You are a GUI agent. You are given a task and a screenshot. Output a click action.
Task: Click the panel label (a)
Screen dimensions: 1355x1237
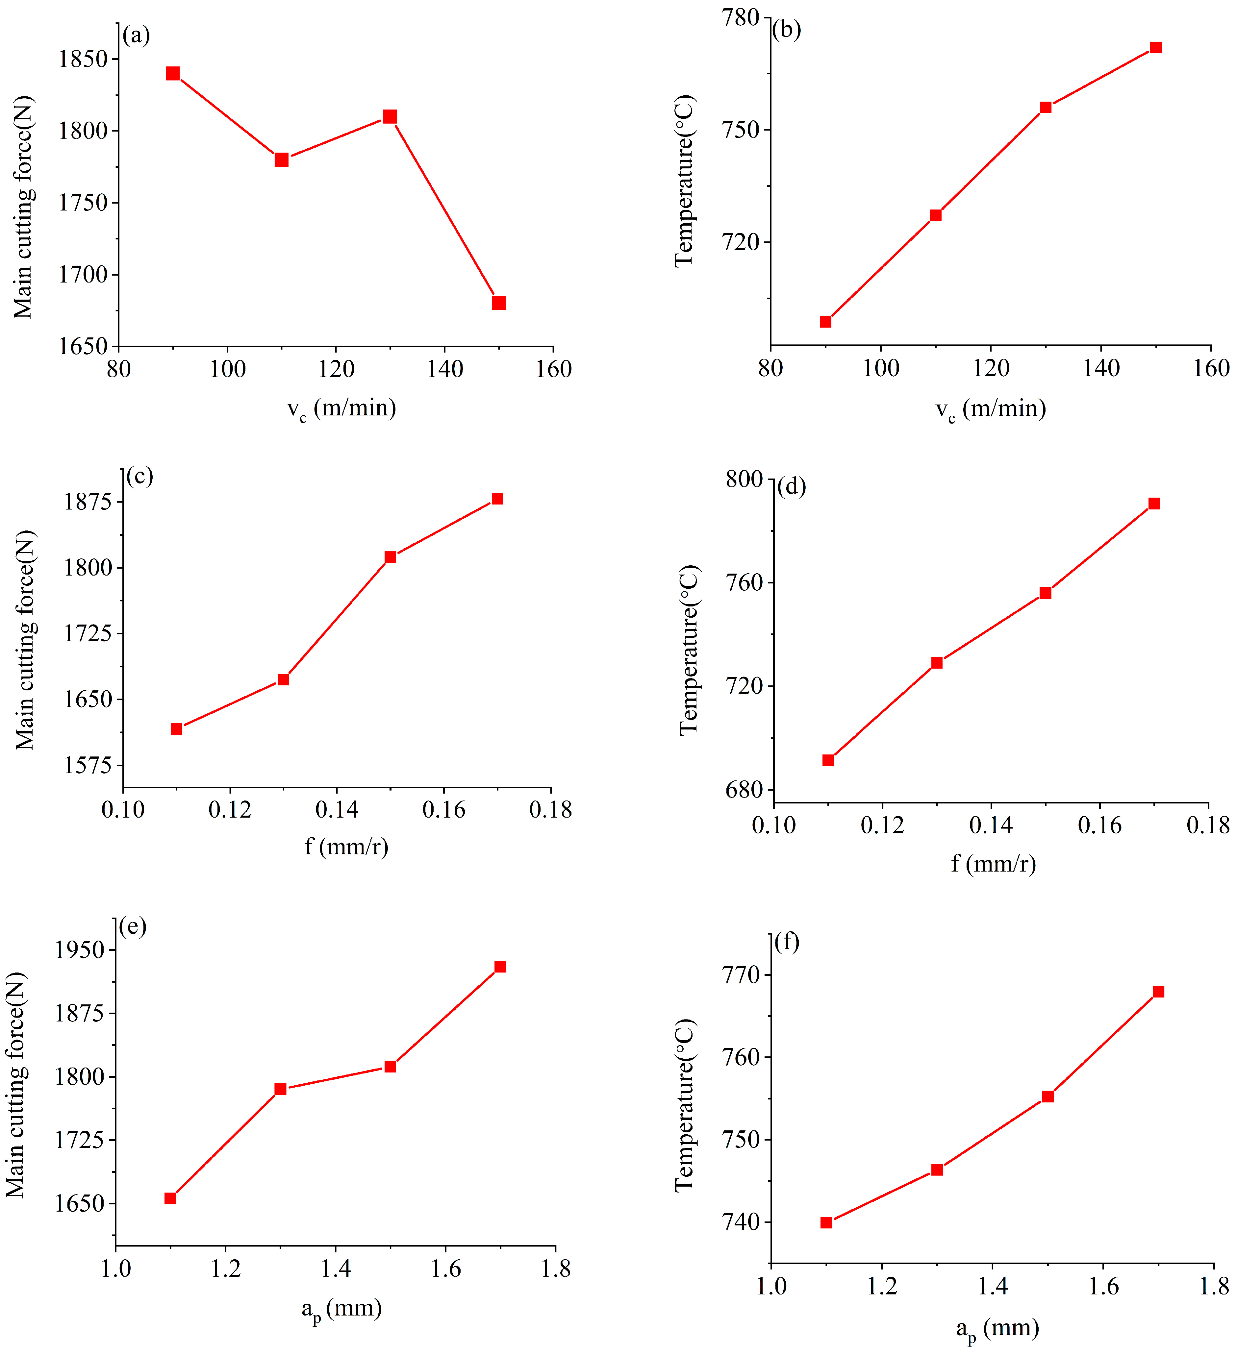137,35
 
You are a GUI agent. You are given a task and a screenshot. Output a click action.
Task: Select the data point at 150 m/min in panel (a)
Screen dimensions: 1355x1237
498,303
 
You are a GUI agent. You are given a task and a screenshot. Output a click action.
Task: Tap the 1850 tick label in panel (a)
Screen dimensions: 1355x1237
83,59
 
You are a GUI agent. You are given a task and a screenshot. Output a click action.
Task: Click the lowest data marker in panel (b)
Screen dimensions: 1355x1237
825,322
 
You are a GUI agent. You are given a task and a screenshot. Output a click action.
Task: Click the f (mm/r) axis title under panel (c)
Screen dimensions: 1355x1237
346,846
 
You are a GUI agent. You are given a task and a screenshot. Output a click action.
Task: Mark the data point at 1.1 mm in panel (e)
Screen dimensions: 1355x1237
170,1198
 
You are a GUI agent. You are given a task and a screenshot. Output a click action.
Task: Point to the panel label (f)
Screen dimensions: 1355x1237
787,942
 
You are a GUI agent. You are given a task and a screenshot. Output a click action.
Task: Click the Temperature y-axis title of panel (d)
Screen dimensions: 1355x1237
689,650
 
